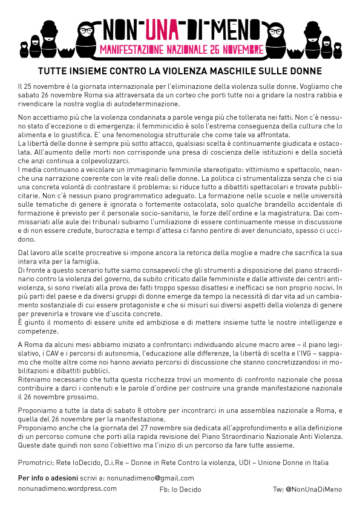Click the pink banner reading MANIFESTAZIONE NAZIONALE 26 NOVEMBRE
[x=181, y=47]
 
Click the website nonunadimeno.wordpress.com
[x=67, y=488]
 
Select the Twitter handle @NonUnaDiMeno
[x=307, y=489]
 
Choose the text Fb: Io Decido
[x=180, y=489]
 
